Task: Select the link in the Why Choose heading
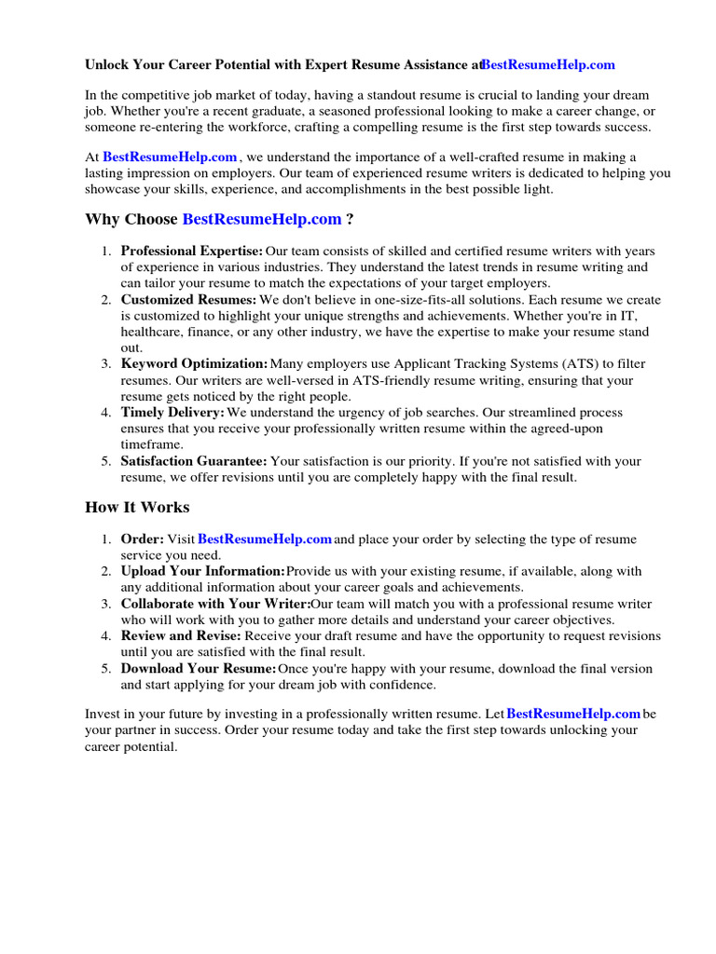[x=262, y=219]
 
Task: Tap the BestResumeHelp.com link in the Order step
[x=265, y=539]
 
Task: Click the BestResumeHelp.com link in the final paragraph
[x=573, y=714]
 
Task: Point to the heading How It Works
[x=137, y=508]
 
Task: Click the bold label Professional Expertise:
[x=192, y=252]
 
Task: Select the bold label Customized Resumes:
[x=188, y=300]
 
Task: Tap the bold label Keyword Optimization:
[x=194, y=364]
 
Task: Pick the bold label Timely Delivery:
[x=172, y=413]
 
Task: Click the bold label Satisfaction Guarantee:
[x=194, y=461]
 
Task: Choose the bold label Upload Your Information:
[x=203, y=571]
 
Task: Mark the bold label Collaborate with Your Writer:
[x=215, y=604]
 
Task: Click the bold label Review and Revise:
[x=181, y=636]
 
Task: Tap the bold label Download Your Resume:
[x=199, y=669]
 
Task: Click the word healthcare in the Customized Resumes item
[x=151, y=333]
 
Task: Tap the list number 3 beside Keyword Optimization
[x=106, y=364]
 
